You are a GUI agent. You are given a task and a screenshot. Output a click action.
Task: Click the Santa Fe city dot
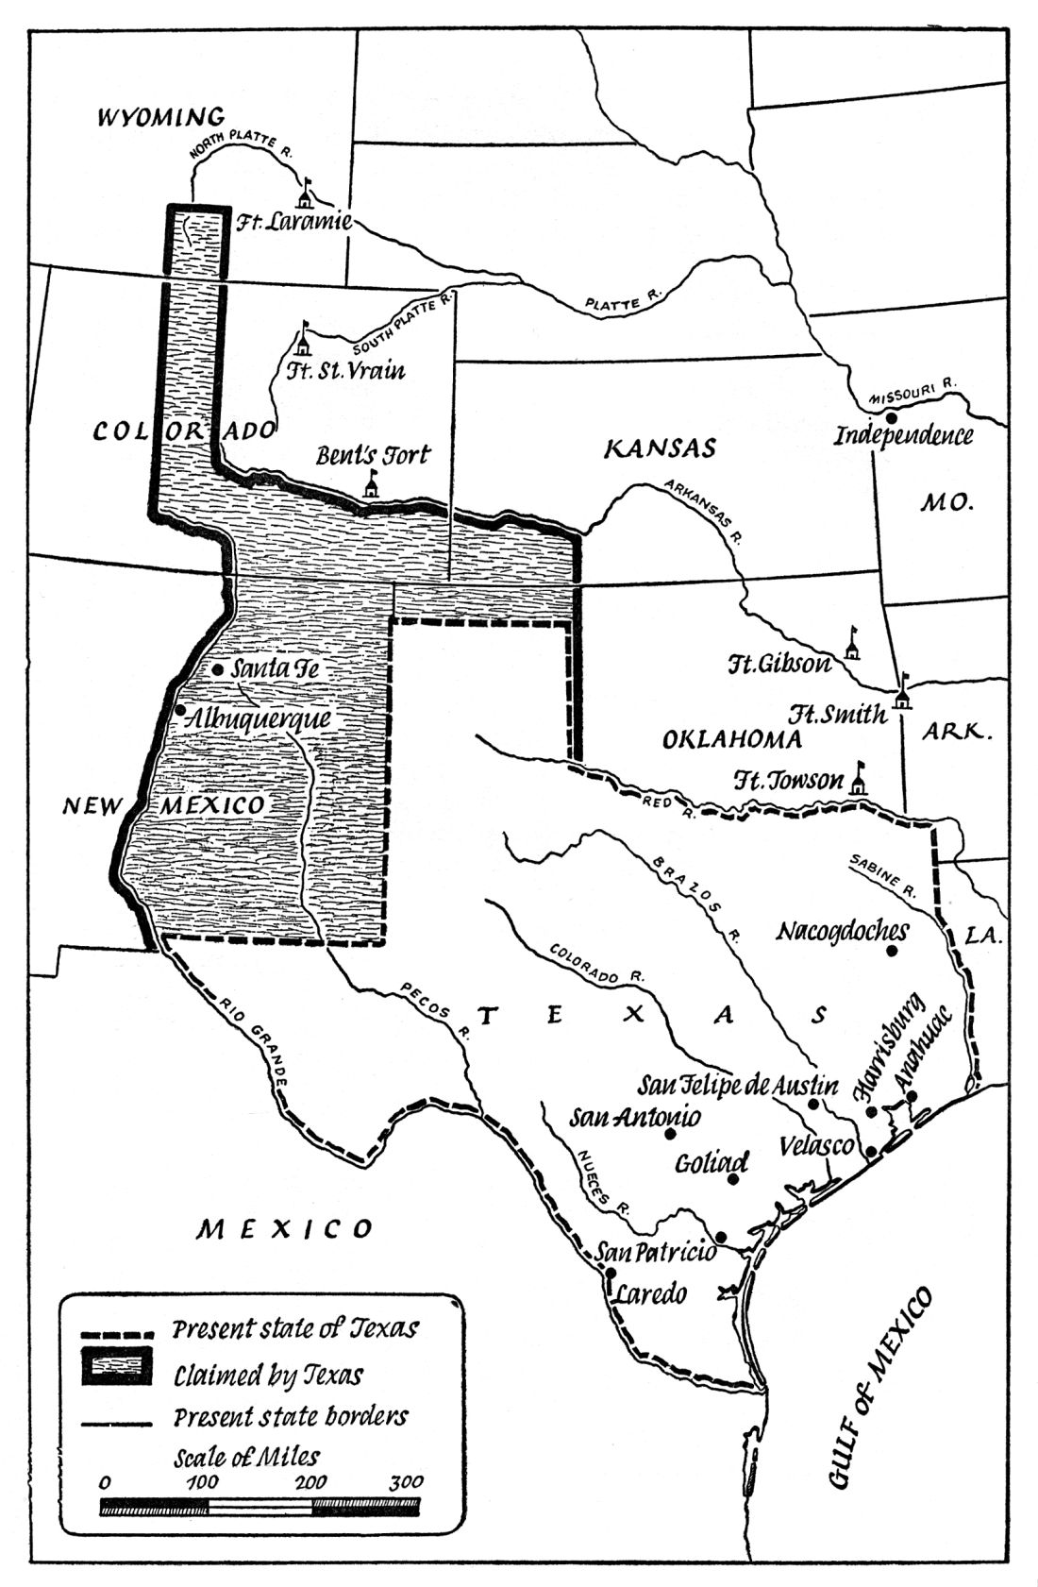coord(217,668)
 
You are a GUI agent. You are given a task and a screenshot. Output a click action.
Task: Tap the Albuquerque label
coord(259,718)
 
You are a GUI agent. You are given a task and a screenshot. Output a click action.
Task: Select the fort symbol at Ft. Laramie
coord(305,194)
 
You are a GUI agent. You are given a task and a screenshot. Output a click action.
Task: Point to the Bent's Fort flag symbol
coord(372,483)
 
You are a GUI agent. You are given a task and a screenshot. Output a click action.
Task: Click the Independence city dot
coord(891,416)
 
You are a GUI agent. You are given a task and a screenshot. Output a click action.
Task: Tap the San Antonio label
coord(635,1116)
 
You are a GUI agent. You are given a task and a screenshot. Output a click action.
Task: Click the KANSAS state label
coord(660,448)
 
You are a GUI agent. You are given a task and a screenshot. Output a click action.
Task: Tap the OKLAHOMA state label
coord(732,738)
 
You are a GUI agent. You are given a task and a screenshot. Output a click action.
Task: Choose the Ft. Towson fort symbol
coord(859,779)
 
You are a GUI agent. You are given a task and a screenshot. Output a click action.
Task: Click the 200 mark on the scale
coord(312,1480)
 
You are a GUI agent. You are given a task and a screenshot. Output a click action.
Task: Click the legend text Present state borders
coord(291,1417)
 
